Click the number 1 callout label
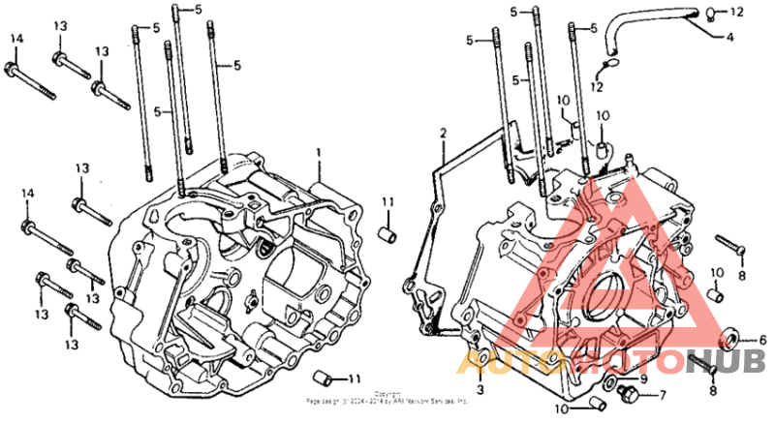coord(317,153)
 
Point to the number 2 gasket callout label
coord(443,132)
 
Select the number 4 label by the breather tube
coord(729,38)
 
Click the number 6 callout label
coord(762,340)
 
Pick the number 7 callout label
coord(663,395)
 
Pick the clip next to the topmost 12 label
coord(709,12)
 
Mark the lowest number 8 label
coord(713,390)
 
